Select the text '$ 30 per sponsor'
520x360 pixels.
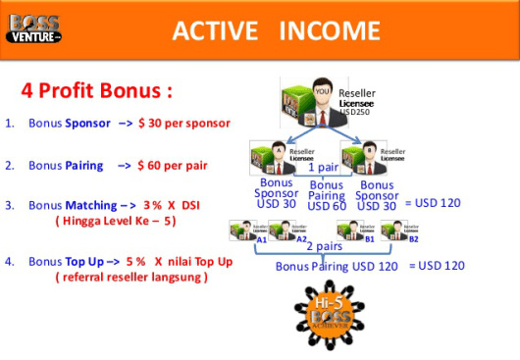pyautogui.click(x=183, y=124)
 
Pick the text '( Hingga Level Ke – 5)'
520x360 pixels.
pyautogui.click(x=115, y=222)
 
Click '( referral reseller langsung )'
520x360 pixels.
pyautogui.click(x=130, y=278)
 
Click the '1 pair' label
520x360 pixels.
pyautogui.click(x=325, y=168)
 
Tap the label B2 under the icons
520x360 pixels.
pyautogui.click(x=414, y=238)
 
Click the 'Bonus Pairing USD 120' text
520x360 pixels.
pyautogui.click(x=337, y=266)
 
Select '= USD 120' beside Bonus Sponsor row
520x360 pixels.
pyautogui.click(x=435, y=202)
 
